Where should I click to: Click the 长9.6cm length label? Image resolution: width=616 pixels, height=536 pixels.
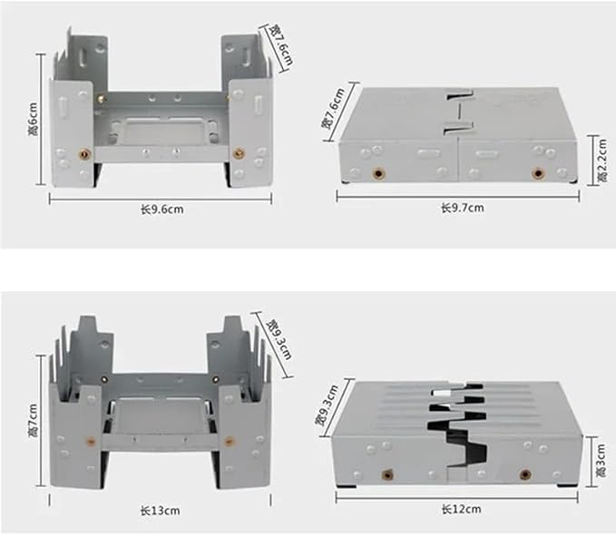pos(162,209)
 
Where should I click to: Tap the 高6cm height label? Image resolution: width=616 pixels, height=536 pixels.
pos(34,120)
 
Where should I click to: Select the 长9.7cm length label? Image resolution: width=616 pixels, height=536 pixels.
pos(463,208)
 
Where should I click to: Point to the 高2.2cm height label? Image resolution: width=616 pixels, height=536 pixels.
pos(601,161)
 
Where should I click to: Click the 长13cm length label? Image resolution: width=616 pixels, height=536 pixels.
pos(161,511)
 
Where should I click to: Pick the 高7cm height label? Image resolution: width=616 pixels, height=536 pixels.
pos(34,420)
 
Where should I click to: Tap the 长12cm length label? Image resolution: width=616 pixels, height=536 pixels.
pos(461,510)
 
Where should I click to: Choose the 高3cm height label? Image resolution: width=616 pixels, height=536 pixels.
pos(601,460)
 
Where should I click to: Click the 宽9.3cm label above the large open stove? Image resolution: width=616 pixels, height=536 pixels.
pos(279,339)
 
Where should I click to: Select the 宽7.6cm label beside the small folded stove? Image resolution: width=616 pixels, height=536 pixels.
pos(333,108)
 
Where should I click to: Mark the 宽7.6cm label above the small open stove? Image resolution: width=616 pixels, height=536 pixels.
pos(281,44)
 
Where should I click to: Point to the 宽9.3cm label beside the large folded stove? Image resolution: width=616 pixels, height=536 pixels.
pos(327,405)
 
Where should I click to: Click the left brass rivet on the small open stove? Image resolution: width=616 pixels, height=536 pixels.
pos(84,154)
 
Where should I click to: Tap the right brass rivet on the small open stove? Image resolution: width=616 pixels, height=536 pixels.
pos(238,153)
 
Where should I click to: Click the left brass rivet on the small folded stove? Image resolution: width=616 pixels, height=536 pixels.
pos(378,173)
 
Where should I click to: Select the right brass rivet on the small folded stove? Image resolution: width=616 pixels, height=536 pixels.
pos(537,173)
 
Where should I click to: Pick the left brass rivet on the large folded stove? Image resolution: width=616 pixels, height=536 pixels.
pos(387,475)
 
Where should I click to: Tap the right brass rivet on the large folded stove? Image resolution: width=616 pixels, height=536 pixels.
pos(525,475)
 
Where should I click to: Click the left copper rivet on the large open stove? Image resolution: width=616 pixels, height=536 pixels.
pos(91,442)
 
